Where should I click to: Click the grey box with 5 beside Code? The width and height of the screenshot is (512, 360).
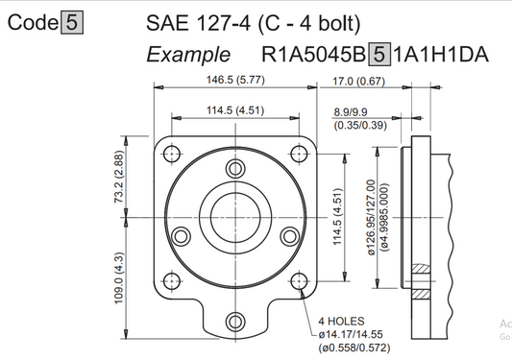(72, 22)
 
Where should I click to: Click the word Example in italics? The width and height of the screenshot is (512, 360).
(188, 55)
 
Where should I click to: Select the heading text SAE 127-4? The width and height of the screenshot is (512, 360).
(198, 23)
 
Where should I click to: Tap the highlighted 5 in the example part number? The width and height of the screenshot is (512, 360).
(379, 54)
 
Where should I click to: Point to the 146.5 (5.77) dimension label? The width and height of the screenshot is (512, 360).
(235, 80)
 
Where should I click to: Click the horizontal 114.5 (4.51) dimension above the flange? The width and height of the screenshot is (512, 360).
(235, 110)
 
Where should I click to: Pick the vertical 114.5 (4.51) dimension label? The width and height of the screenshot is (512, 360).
(337, 217)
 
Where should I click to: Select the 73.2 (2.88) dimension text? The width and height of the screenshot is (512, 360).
(119, 177)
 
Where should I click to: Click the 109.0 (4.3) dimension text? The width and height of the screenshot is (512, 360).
(119, 278)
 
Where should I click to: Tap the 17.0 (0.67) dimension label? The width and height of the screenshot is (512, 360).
(358, 81)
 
